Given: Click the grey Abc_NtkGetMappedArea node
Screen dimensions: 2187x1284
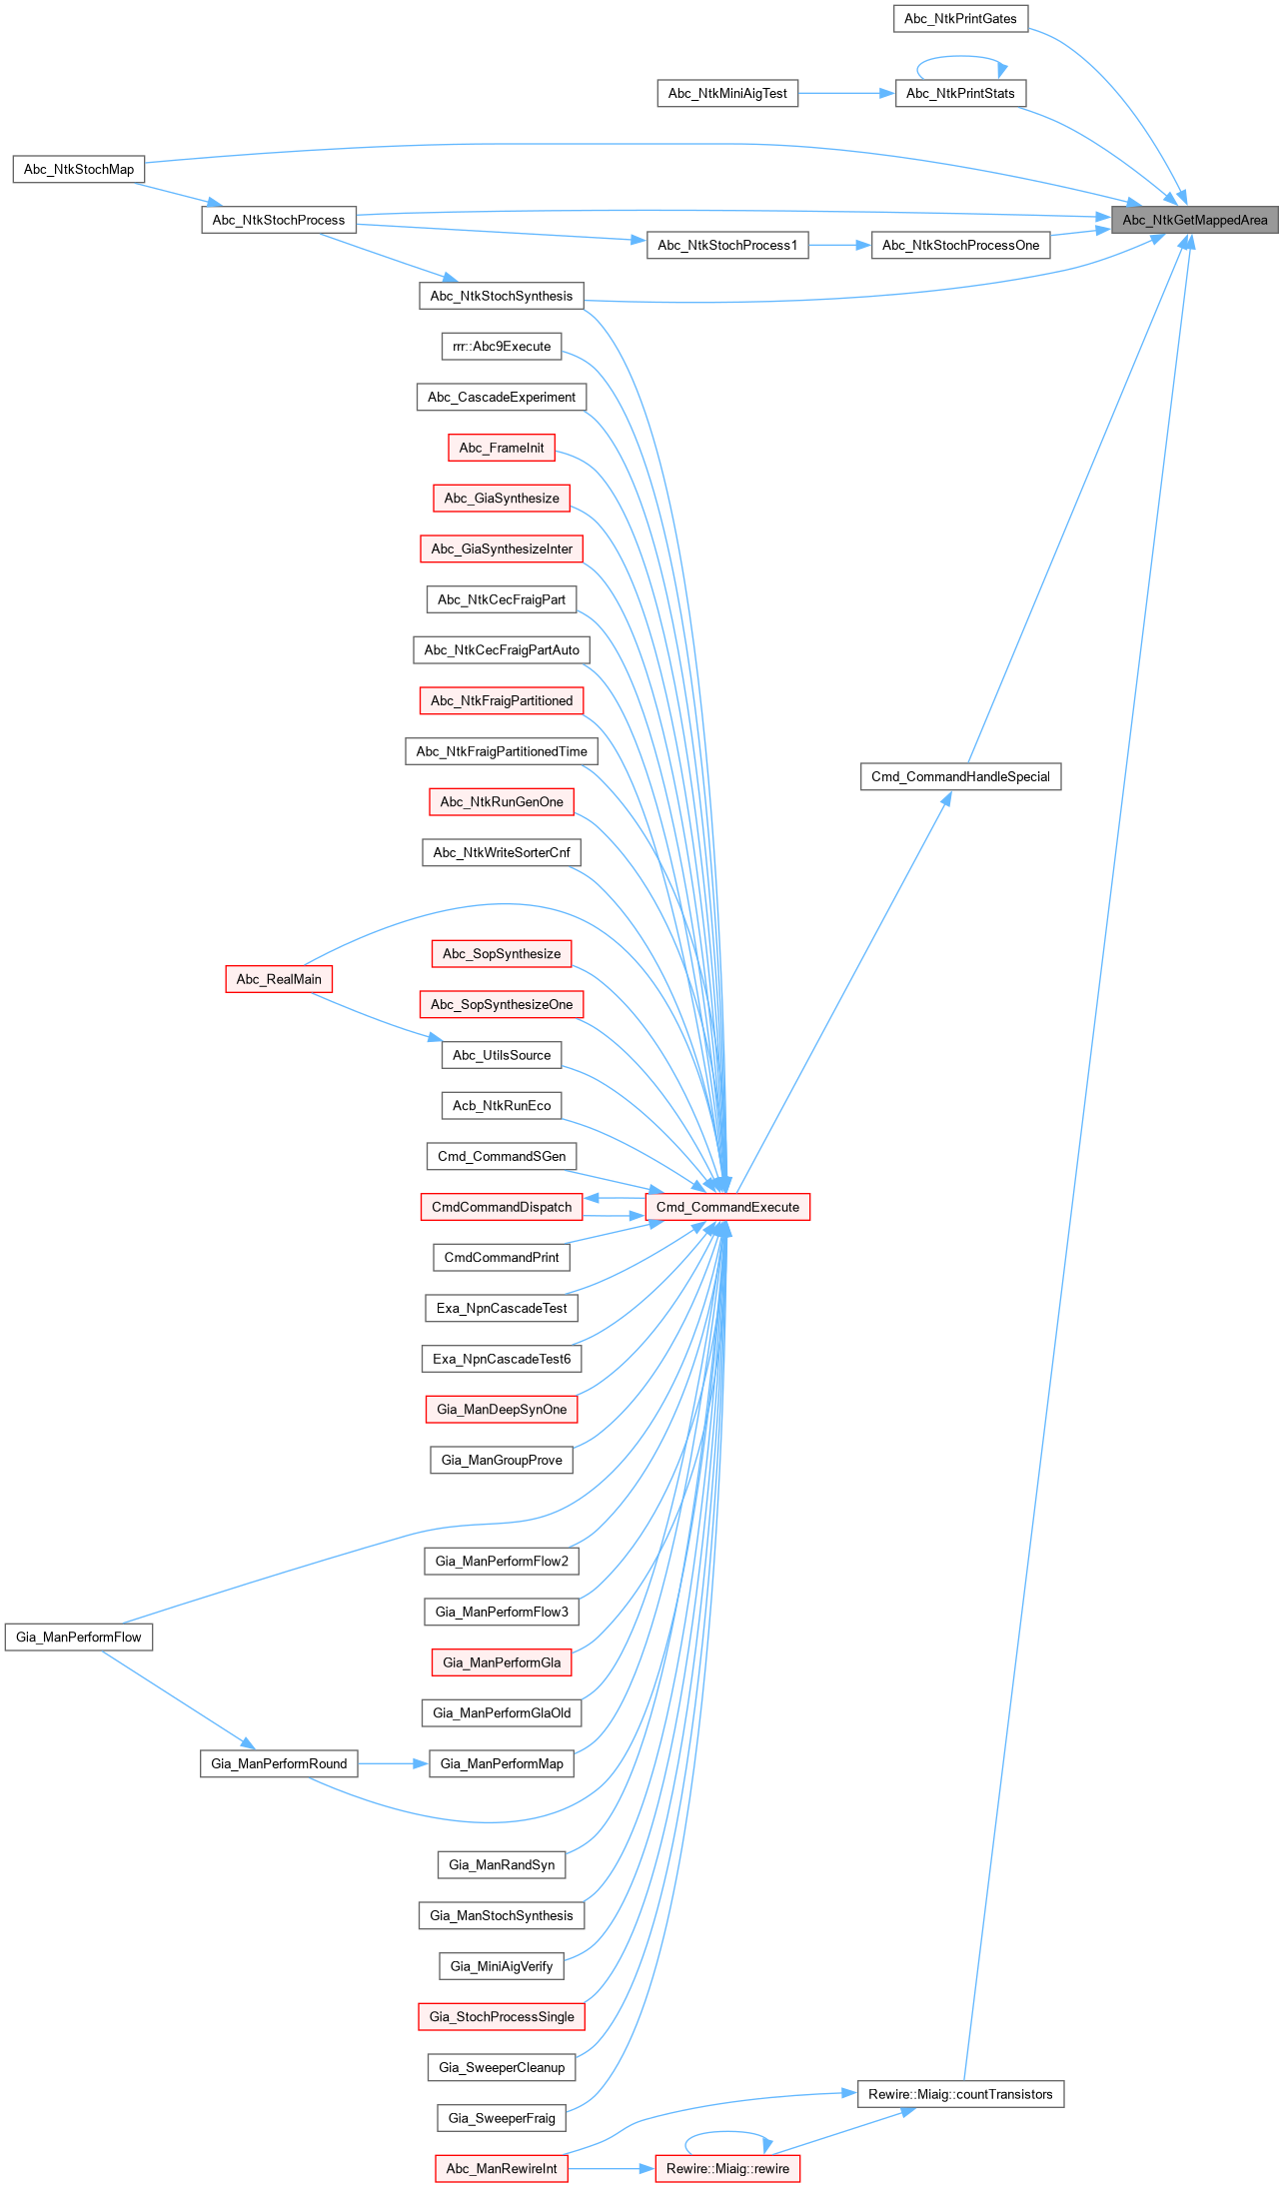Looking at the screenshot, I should (x=1194, y=220).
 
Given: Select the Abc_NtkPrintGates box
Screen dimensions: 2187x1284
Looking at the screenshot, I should (x=959, y=18).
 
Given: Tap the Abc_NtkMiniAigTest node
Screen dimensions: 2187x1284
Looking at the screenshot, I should (x=726, y=93).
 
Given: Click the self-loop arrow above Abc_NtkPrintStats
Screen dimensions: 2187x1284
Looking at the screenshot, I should (x=960, y=57).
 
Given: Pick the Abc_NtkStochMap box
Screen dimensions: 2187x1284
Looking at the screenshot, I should (x=78, y=169).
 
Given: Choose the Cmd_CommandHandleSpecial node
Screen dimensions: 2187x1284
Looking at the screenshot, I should (x=959, y=776).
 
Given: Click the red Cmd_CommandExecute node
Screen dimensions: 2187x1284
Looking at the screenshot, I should (x=726, y=1207).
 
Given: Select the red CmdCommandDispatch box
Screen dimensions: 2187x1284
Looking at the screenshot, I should (x=501, y=1207).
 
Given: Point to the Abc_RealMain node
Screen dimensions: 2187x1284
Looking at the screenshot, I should (x=278, y=979).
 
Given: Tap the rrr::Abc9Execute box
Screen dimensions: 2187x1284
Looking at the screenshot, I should (x=501, y=346).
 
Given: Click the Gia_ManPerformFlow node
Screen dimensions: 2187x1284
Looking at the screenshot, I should (x=78, y=1637).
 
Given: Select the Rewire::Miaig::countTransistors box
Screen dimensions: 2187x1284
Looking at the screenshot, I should (x=959, y=2093).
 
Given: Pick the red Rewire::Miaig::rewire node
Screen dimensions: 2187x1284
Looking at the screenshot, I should (x=726, y=2168).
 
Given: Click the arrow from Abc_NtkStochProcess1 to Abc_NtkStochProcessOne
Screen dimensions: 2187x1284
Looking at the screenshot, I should (x=839, y=245).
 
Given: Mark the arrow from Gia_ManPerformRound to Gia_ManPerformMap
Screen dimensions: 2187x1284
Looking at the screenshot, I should (x=393, y=1763).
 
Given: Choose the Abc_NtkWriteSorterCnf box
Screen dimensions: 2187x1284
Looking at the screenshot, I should (x=501, y=852).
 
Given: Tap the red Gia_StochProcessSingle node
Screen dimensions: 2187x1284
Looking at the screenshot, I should (x=501, y=2016).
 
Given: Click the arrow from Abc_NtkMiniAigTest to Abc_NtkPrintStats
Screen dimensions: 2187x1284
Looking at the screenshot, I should (x=846, y=93).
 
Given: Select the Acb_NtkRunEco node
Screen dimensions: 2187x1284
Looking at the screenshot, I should (x=501, y=1105).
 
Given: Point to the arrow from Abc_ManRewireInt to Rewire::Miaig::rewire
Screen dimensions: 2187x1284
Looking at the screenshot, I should (x=611, y=2168).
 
